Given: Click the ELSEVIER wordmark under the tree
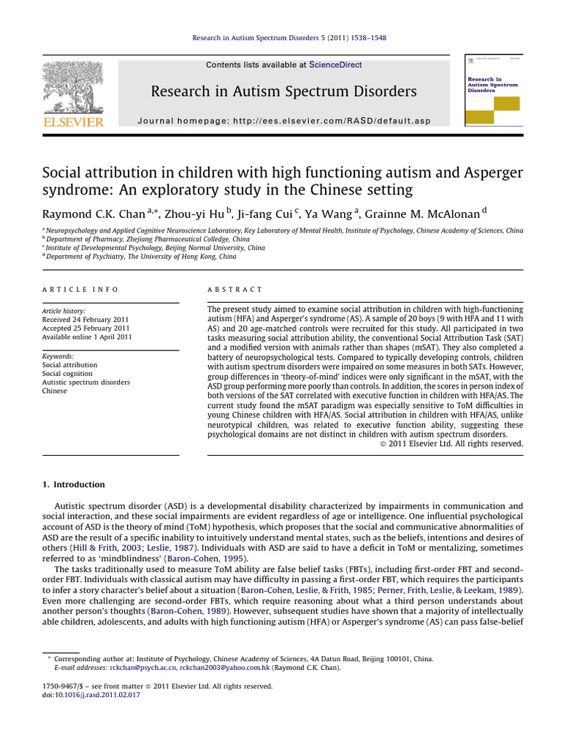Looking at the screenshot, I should pyautogui.click(x=73, y=122).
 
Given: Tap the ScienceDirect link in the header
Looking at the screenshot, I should pyautogui.click(x=335, y=65).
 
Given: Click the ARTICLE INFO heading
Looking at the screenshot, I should pyautogui.click(x=80, y=290).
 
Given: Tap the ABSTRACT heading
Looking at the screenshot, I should pyautogui.click(x=235, y=290).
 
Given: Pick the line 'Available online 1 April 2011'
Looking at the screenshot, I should pyautogui.click(x=87, y=337).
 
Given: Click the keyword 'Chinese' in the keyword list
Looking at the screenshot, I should pyautogui.click(x=55, y=391).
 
